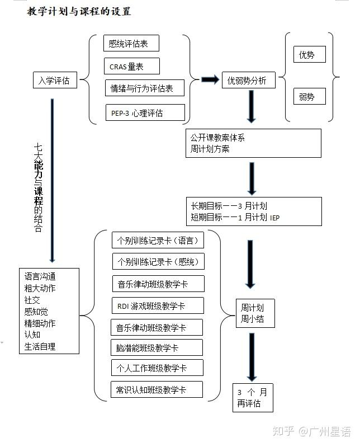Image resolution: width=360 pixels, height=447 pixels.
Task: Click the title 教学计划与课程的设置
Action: click(79, 11)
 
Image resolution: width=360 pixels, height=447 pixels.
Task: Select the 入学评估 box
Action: click(54, 81)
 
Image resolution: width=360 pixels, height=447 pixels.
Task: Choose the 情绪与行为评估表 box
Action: click(145, 88)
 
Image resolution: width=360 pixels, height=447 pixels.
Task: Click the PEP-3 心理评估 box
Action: click(145, 112)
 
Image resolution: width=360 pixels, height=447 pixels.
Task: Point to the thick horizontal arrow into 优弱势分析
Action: click(210, 80)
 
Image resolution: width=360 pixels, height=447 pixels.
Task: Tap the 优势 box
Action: click(309, 54)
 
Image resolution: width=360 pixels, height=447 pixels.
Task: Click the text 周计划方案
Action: click(210, 149)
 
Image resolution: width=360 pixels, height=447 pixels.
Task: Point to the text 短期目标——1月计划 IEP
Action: click(235, 218)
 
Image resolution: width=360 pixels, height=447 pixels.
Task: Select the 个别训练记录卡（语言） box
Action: click(158, 241)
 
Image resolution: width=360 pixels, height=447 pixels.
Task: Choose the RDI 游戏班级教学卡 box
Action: click(158, 306)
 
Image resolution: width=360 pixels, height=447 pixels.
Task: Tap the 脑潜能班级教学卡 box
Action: click(157, 347)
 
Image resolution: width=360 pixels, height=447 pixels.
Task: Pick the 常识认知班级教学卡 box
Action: click(157, 389)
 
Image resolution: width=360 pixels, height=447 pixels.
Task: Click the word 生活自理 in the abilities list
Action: click(40, 346)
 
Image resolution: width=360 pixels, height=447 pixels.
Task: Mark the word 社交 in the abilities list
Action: click(32, 300)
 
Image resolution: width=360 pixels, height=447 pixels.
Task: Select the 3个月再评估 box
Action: click(253, 397)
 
